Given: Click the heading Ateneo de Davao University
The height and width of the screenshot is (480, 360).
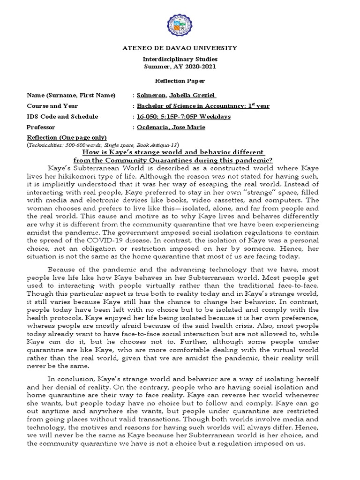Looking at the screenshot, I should pos(180,48).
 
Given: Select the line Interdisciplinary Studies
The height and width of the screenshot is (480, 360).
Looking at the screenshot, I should pos(180,60).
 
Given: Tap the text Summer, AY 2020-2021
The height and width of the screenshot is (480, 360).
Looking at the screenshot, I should pos(180,67).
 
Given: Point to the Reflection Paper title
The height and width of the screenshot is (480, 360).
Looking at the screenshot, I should pos(180,81).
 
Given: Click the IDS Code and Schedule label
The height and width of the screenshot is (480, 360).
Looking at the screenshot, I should pos(62,116).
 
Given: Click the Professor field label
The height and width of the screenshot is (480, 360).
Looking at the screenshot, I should pos(41,127).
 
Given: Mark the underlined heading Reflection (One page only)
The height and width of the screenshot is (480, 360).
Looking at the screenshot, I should pos(67,137).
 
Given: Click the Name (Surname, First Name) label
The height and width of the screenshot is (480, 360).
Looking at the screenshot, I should pos(71,95).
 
